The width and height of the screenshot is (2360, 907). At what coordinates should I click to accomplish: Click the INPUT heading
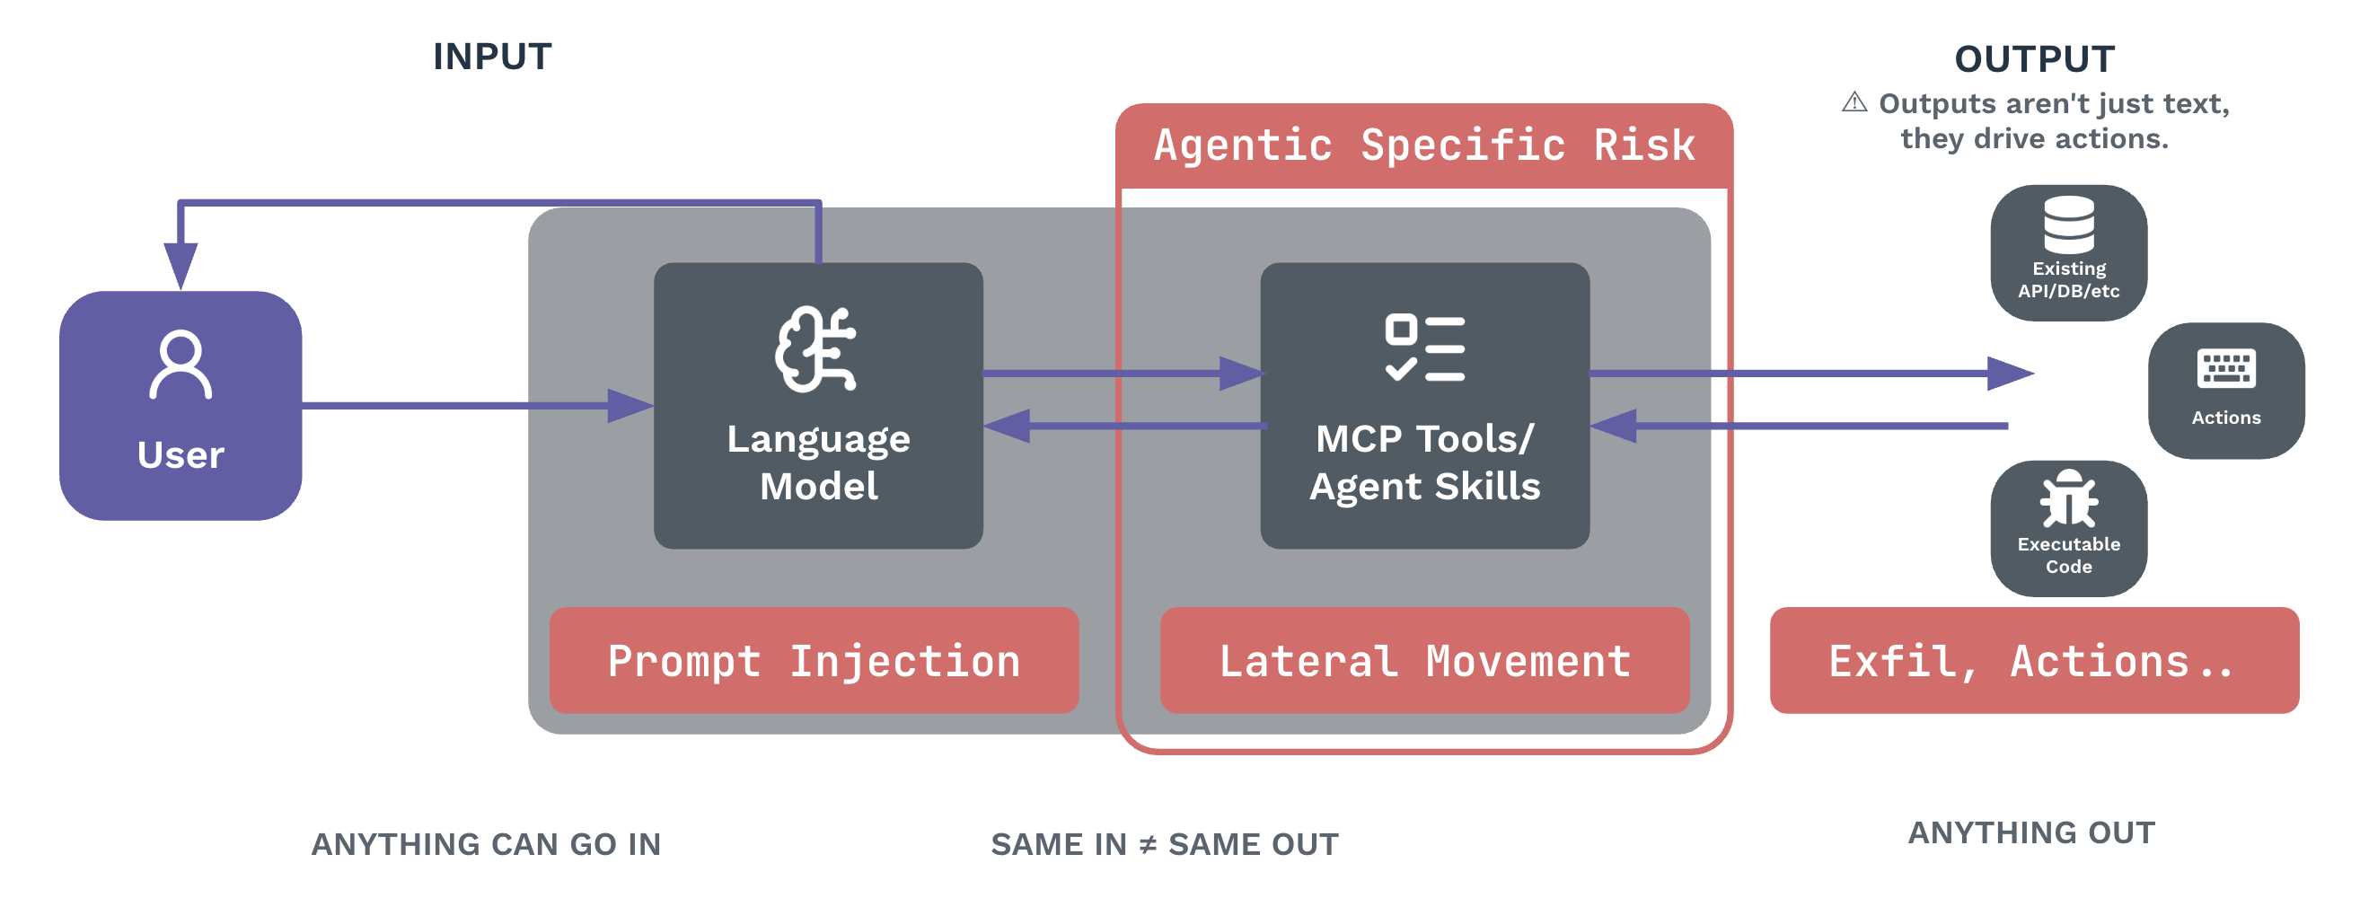tap(492, 57)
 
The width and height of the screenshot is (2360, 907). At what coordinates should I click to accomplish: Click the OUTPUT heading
tap(2035, 59)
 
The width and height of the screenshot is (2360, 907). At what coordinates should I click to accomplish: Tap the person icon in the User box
tap(181, 364)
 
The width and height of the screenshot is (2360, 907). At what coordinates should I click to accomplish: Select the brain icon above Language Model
tap(816, 349)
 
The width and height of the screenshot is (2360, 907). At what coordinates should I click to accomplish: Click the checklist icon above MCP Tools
tap(1424, 348)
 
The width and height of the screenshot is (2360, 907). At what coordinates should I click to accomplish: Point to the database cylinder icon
tap(2069, 224)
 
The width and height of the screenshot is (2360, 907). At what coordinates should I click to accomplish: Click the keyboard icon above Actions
tap(2226, 368)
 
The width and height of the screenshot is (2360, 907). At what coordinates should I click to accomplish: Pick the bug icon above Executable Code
tap(2069, 499)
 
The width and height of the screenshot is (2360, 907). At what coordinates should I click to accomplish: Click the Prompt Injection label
tap(814, 661)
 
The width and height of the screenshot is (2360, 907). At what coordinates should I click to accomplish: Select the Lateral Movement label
tap(1424, 661)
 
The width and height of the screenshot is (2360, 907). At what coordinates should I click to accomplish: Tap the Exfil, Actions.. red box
tap(2035, 661)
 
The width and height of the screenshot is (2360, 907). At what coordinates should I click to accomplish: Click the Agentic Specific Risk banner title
tap(1424, 145)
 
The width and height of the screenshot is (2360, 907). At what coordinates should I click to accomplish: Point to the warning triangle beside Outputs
tap(1854, 101)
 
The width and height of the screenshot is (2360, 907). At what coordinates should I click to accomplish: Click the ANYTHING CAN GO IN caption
tap(486, 844)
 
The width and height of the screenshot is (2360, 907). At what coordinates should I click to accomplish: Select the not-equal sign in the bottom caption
tap(1147, 844)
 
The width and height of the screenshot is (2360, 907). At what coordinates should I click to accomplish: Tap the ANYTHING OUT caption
tap(2032, 832)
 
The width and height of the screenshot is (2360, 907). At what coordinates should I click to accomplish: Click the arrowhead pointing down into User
tap(181, 266)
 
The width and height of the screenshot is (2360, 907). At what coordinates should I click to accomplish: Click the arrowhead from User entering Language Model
tap(630, 405)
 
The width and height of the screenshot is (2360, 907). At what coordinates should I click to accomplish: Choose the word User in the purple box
tap(181, 455)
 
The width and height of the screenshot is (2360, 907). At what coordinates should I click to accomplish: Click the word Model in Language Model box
tap(819, 486)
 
